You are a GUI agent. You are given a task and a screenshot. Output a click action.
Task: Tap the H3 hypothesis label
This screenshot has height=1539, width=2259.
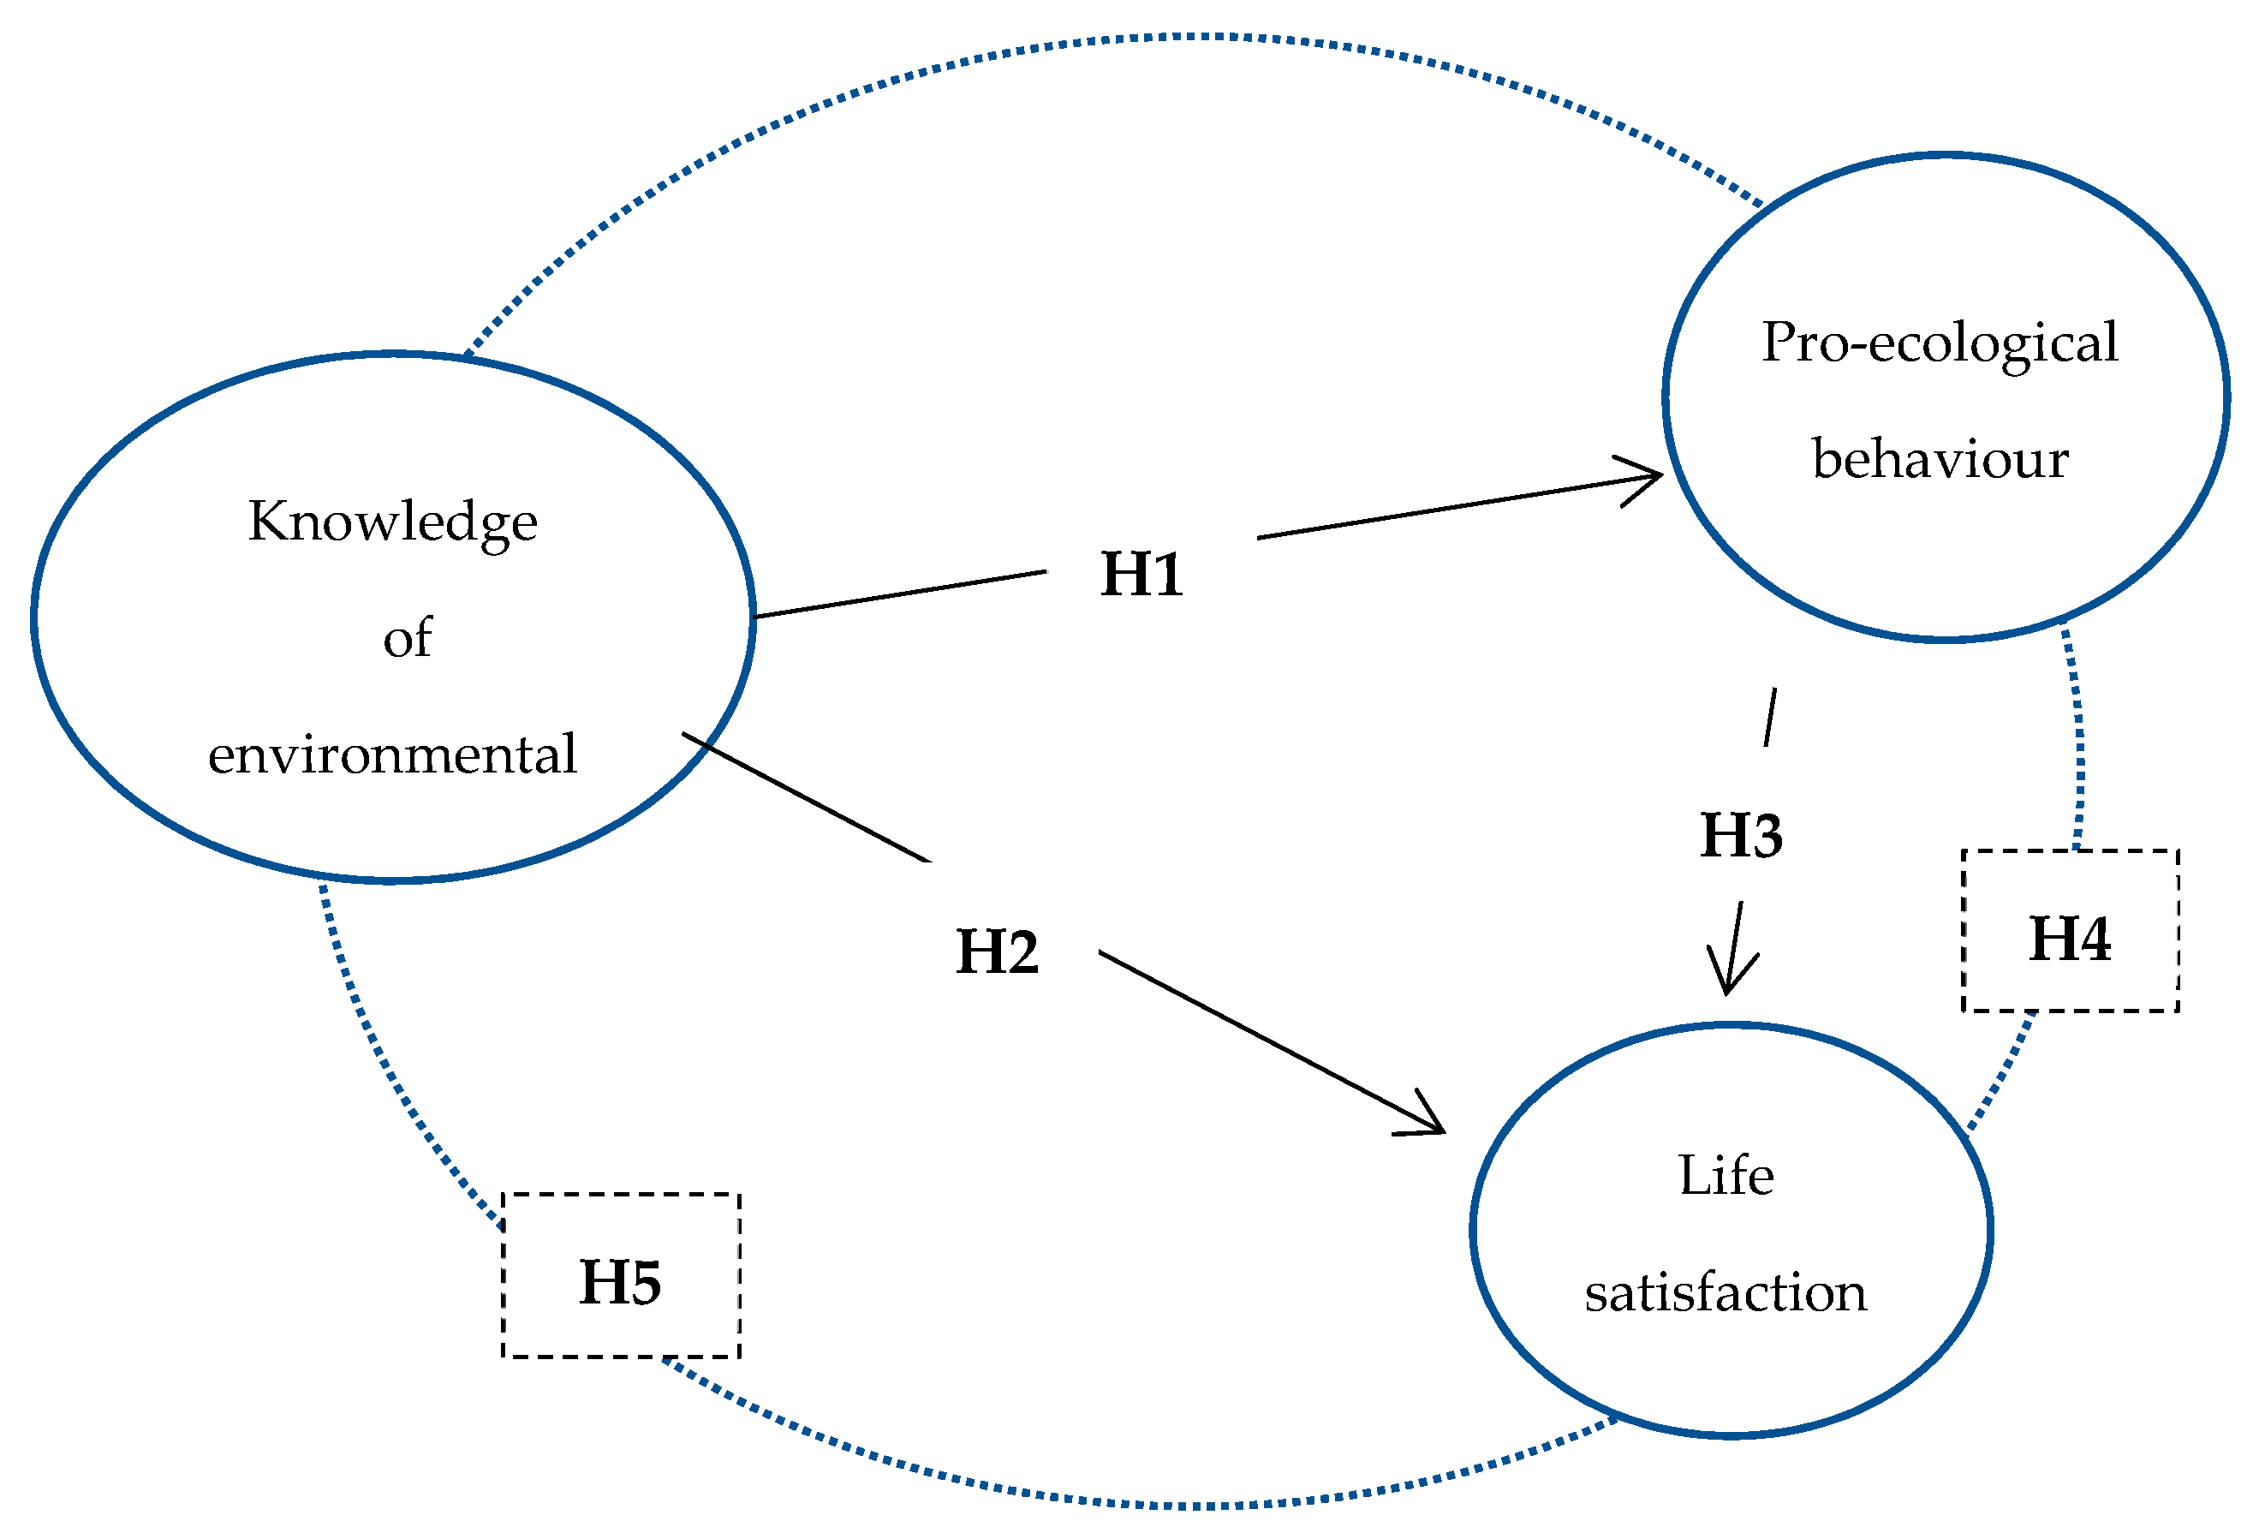point(1741,835)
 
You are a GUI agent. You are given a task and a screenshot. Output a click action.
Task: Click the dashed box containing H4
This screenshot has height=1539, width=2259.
point(2070,932)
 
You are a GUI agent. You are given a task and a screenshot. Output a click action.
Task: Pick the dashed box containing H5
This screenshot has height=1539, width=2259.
point(620,1275)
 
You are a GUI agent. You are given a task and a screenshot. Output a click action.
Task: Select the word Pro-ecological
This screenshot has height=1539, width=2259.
point(1940,343)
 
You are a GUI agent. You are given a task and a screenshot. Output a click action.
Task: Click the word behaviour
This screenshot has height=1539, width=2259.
point(1940,459)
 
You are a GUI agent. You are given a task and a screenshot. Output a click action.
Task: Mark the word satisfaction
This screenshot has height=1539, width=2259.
point(1726,1293)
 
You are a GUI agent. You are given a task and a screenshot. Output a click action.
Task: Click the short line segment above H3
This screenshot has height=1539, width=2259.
point(1770,718)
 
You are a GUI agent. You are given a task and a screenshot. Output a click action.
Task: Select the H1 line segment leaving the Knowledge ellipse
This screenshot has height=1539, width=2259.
point(899,595)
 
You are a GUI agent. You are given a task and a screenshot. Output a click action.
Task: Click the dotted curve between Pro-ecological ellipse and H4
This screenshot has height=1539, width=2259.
point(2077,739)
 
